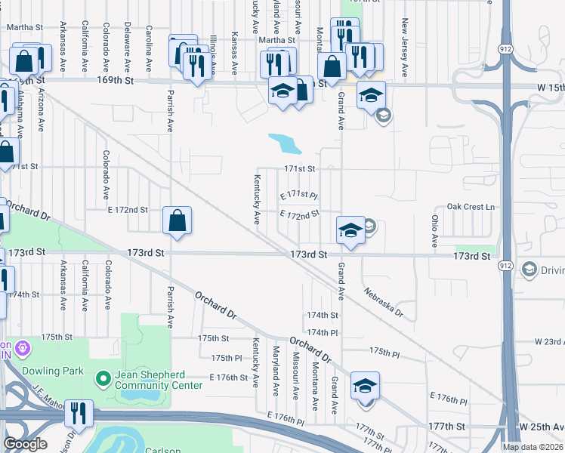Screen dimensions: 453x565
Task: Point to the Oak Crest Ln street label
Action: coord(470,207)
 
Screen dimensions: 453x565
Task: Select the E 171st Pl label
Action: coord(299,196)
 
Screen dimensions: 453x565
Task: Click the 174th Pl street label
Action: coord(322,332)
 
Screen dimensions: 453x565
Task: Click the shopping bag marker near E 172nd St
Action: coord(177,221)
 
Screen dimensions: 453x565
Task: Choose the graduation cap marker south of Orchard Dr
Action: coord(365,386)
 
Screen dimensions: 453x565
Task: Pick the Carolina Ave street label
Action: coord(149,45)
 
